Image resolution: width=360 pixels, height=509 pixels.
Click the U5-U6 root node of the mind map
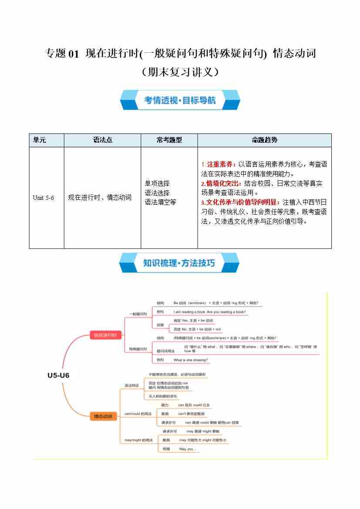coord(58,375)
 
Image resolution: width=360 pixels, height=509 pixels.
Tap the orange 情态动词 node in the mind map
coord(103,417)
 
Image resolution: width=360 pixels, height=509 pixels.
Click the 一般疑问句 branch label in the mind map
coord(138,313)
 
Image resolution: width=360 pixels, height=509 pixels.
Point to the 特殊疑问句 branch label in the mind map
coord(138,349)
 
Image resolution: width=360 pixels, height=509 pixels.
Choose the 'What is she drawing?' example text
coord(191,360)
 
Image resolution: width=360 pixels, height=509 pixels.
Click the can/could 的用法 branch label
coord(138,413)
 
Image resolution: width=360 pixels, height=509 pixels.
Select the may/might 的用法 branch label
coord(138,440)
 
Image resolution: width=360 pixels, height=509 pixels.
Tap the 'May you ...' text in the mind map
coord(188,449)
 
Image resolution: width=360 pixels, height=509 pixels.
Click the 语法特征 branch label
coord(131,385)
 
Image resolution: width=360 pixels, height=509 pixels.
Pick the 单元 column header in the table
coord(40,140)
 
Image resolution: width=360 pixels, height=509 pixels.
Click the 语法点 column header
coord(102,140)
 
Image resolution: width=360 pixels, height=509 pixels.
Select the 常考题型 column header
coord(169,140)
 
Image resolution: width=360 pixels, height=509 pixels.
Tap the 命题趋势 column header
coord(264,140)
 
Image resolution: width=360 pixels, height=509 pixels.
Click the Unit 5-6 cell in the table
coord(44,198)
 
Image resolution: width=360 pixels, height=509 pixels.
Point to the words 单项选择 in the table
coord(157,183)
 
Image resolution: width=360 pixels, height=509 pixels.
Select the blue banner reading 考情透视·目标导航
coord(180,101)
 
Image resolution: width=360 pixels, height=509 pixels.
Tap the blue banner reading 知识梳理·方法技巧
coord(179,263)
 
